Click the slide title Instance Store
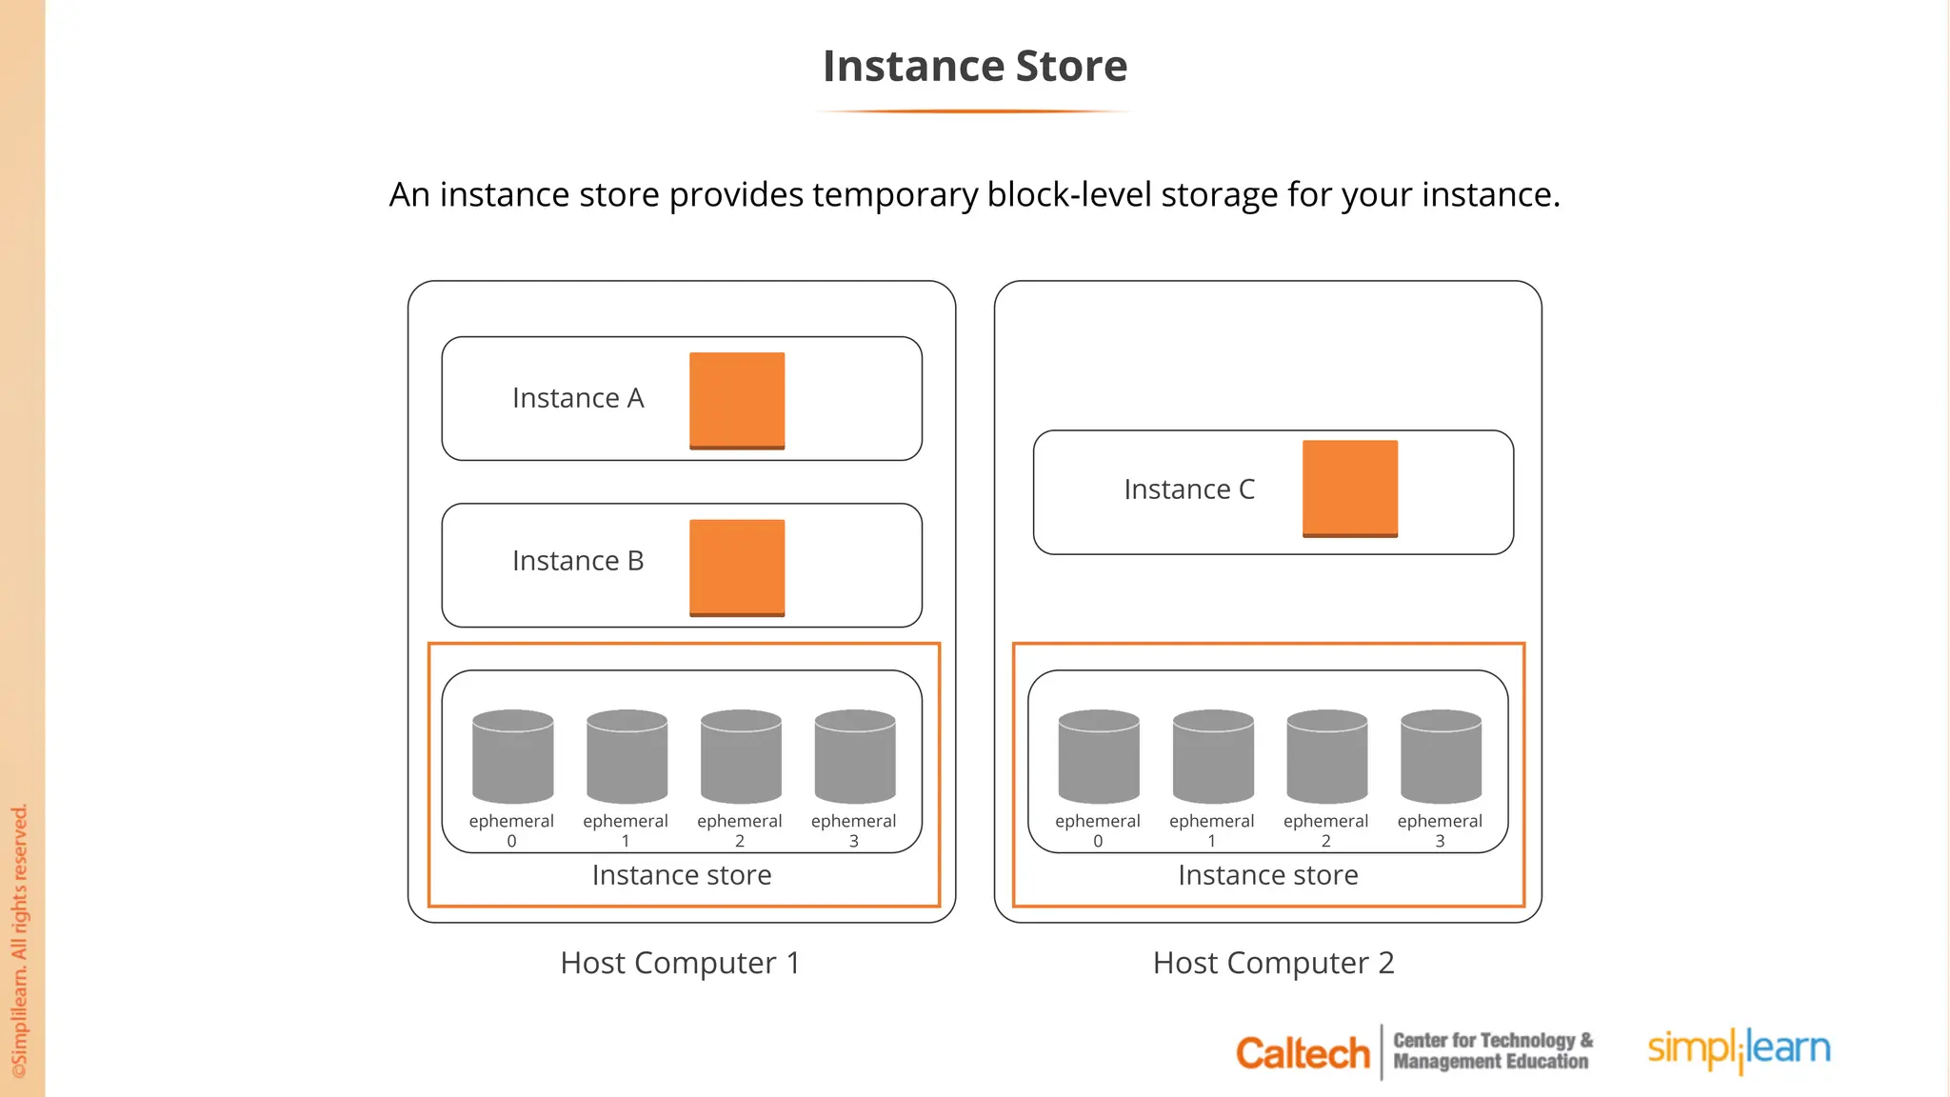pyautogui.click(x=975, y=67)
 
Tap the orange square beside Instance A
pyautogui.click(x=737, y=400)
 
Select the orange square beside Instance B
pyautogui.click(x=737, y=568)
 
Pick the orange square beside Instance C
pyautogui.click(x=1350, y=489)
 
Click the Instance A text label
pyautogui.click(x=578, y=398)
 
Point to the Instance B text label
pyautogui.click(x=578, y=561)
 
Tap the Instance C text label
pyautogui.click(x=1189, y=489)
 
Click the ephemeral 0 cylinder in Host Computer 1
pyautogui.click(x=513, y=756)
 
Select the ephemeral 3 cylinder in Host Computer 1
pyautogui.click(x=855, y=756)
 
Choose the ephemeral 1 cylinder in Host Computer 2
pyautogui.click(x=1213, y=756)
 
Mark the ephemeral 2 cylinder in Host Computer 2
pyautogui.click(x=1327, y=756)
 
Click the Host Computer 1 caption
pyautogui.click(x=680, y=963)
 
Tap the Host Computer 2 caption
pyautogui.click(x=1273, y=963)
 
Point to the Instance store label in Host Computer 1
pyautogui.click(x=682, y=875)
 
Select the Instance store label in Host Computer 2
pyautogui.click(x=1268, y=875)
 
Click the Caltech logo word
pyautogui.click(x=1303, y=1053)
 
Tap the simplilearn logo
pyautogui.click(x=1739, y=1049)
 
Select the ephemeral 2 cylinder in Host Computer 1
pyautogui.click(x=741, y=756)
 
